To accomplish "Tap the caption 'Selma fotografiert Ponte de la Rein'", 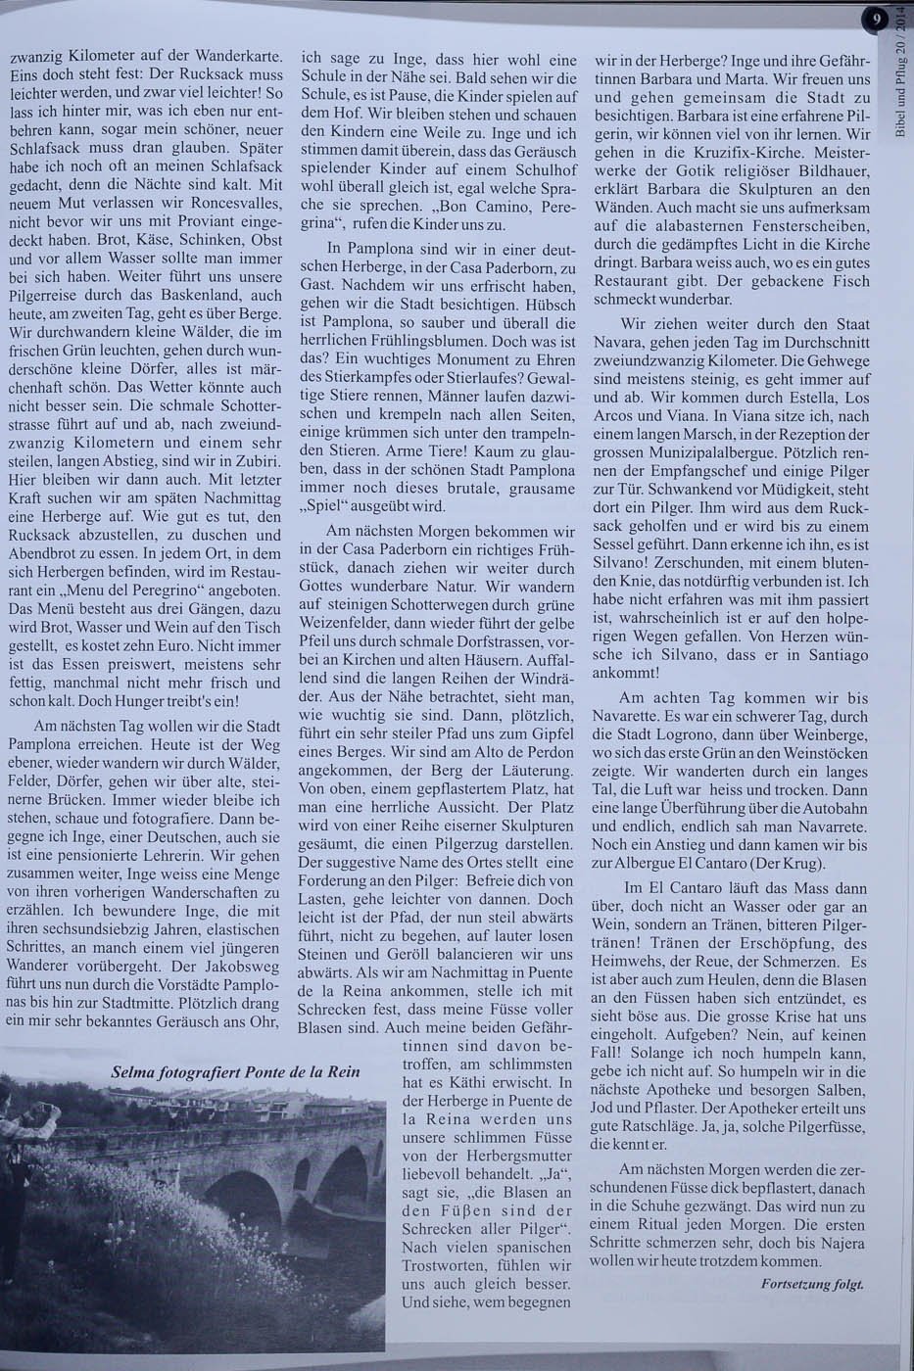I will coord(236,1071).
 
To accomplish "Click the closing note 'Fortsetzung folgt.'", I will coord(812,1283).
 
